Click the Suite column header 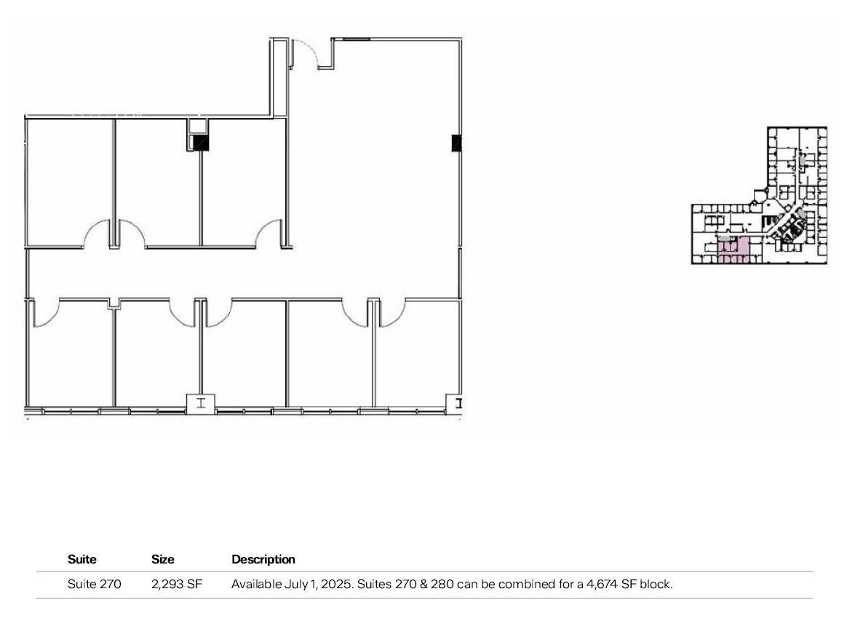(x=82, y=560)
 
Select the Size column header (x=163, y=560)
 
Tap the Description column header (x=263, y=560)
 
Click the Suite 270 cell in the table (x=95, y=584)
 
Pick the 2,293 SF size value (x=177, y=584)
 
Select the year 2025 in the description (x=327, y=584)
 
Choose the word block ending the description (x=656, y=584)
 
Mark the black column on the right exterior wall (x=456, y=143)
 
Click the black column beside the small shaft (x=201, y=143)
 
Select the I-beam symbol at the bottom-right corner (x=458, y=403)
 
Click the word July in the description (x=291, y=584)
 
